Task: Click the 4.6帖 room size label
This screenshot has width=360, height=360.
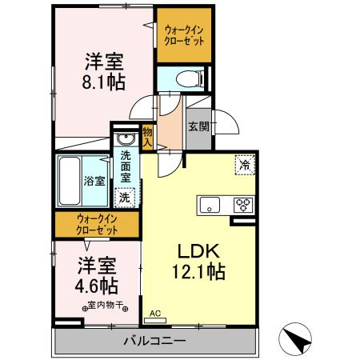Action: pyautogui.click(x=98, y=284)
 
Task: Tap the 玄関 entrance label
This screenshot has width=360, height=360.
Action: pyautogui.click(x=198, y=126)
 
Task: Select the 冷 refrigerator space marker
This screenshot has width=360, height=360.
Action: pyautogui.click(x=242, y=166)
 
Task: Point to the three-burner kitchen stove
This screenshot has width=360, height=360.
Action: pyautogui.click(x=242, y=205)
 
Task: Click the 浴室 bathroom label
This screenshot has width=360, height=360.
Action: pyautogui.click(x=94, y=180)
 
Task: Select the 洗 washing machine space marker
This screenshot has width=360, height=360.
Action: pyautogui.click(x=125, y=196)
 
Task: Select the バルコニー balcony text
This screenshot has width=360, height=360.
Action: pyautogui.click(x=154, y=342)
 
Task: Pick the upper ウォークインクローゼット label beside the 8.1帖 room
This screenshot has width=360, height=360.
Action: pyautogui.click(x=184, y=35)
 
